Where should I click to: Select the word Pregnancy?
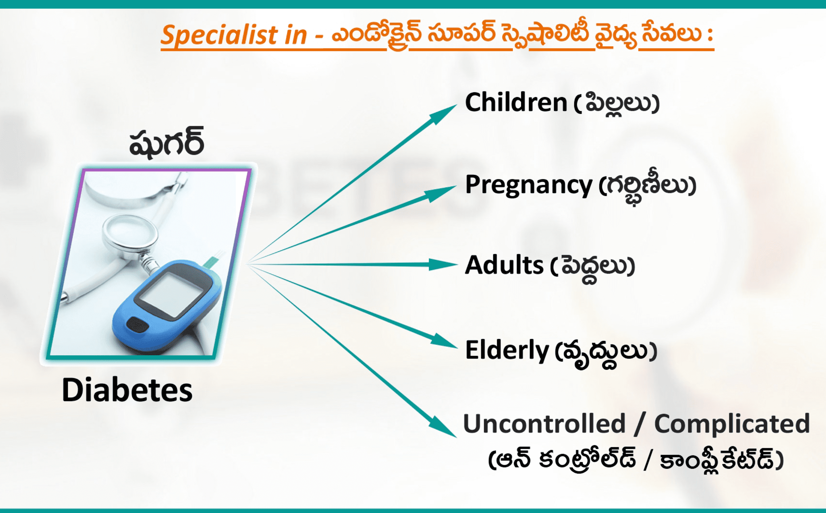coord(529,185)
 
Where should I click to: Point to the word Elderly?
coord(506,350)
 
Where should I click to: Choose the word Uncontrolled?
coord(544,423)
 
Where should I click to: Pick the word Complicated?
coord(732,424)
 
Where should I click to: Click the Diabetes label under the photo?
coord(127,390)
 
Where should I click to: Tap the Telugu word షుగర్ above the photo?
coord(166,141)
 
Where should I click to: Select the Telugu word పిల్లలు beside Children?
coord(618,103)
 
